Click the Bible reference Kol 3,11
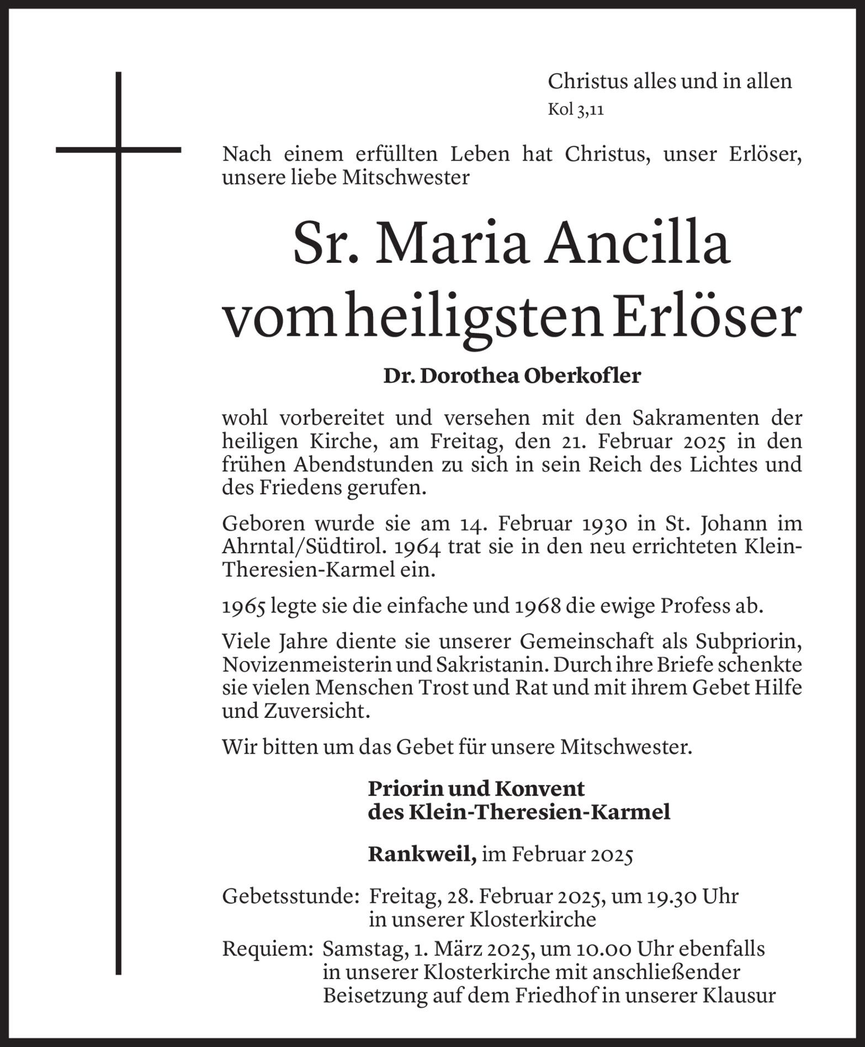[575, 109]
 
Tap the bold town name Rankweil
[422, 855]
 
